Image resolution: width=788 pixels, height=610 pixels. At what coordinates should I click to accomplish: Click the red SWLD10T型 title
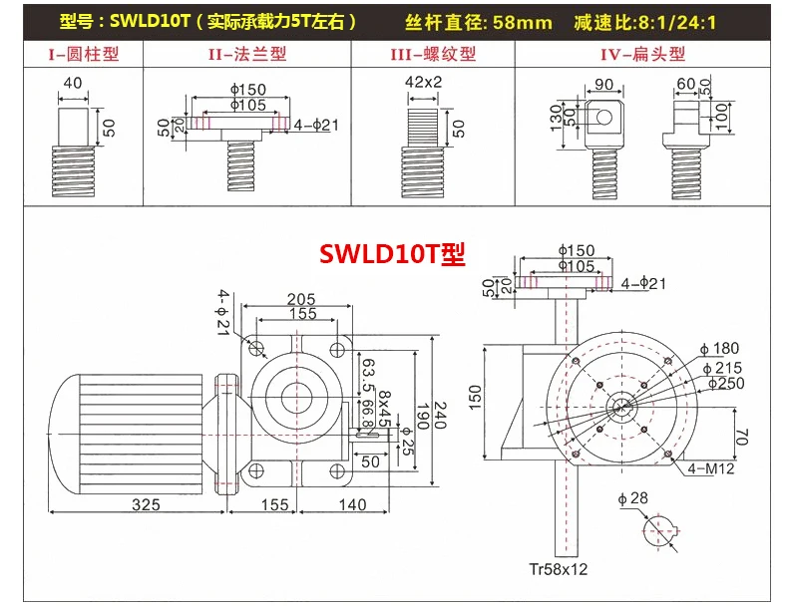tap(392, 254)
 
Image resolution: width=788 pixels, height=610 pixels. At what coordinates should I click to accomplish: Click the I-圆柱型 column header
tap(84, 54)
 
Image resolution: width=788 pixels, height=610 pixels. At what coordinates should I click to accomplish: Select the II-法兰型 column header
tap(250, 54)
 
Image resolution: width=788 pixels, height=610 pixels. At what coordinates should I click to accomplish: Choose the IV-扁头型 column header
tap(643, 54)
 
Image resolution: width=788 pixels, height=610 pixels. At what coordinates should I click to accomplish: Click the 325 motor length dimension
tap(146, 504)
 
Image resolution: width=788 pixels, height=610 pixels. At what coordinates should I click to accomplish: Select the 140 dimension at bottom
tap(352, 504)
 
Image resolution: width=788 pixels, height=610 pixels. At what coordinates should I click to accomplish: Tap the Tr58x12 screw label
tap(560, 571)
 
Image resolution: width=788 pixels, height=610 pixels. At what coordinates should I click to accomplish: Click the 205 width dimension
tap(301, 299)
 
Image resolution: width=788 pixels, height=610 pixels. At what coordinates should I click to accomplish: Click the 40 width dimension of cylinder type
tap(72, 84)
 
